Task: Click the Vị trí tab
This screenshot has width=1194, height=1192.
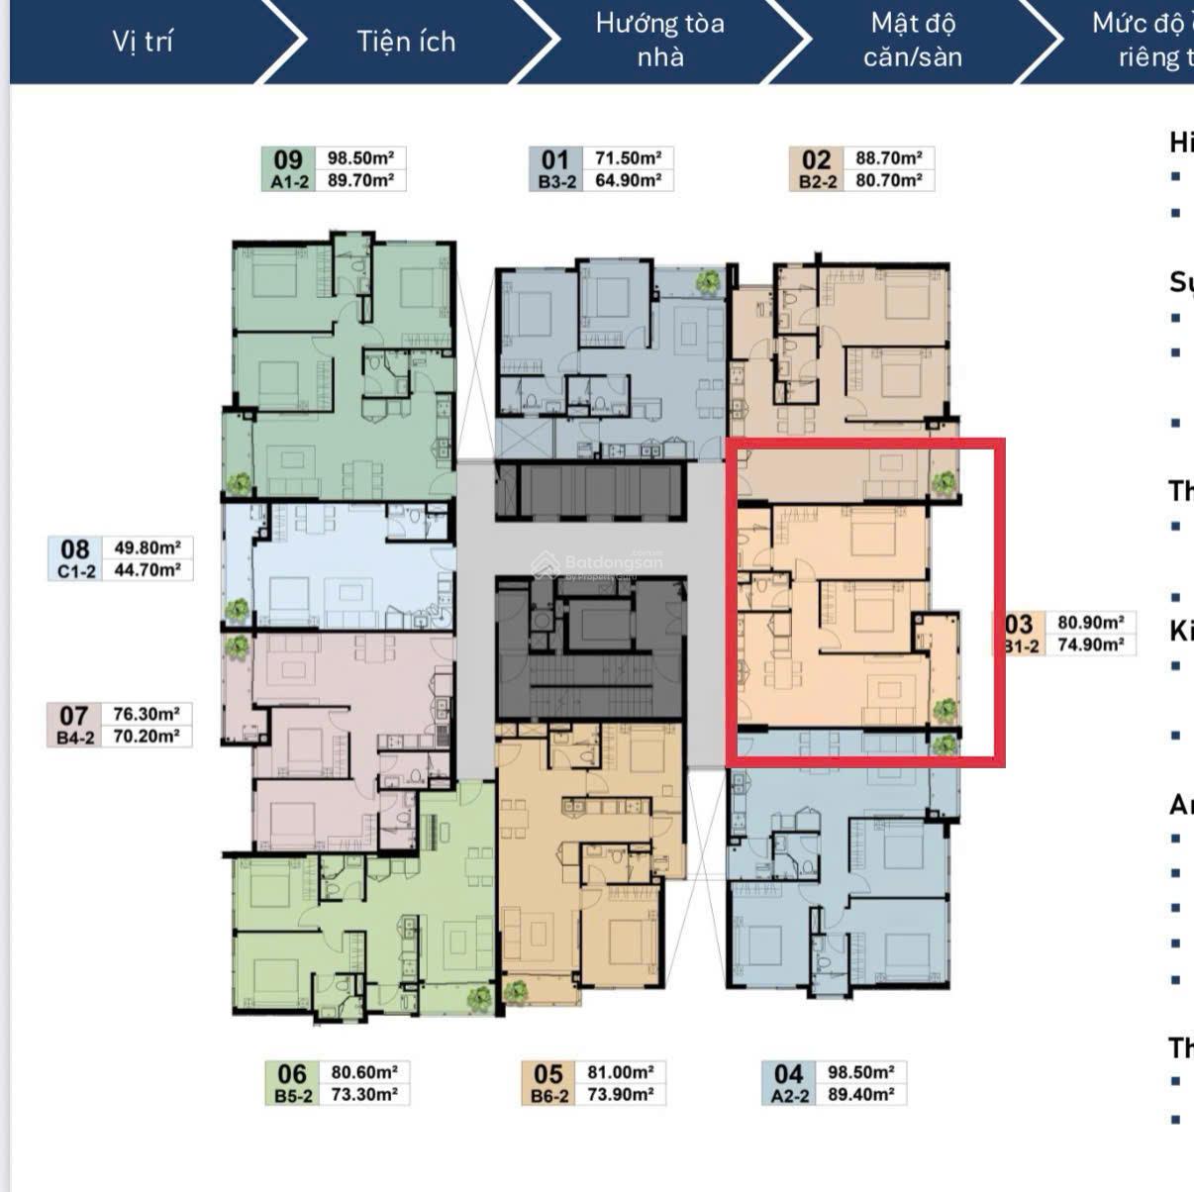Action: pyautogui.click(x=143, y=41)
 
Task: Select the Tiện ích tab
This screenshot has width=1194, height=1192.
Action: pyautogui.click(x=406, y=41)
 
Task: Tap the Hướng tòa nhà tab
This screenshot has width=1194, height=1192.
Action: pyautogui.click(x=659, y=40)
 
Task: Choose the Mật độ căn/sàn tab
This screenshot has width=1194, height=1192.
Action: pyautogui.click(x=912, y=40)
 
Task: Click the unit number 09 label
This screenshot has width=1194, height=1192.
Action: pyautogui.click(x=288, y=159)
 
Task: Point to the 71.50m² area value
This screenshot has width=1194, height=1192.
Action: pyautogui.click(x=628, y=158)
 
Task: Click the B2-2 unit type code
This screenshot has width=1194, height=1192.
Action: pyautogui.click(x=818, y=182)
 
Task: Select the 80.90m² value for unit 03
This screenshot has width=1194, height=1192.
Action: pyautogui.click(x=1090, y=623)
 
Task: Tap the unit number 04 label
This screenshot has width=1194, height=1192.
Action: pyautogui.click(x=788, y=1073)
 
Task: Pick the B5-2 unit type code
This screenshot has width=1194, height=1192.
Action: pyautogui.click(x=293, y=1096)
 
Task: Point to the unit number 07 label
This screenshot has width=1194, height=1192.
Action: pyautogui.click(x=74, y=715)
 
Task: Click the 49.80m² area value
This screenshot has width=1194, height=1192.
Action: pyautogui.click(x=147, y=547)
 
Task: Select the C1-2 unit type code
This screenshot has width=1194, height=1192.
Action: pyautogui.click(x=75, y=571)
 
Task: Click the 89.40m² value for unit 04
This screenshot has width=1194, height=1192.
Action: pyautogui.click(x=861, y=1095)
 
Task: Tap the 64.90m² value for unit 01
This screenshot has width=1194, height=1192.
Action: pyautogui.click(x=628, y=181)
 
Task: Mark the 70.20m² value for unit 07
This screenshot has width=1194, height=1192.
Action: pyautogui.click(x=147, y=737)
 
